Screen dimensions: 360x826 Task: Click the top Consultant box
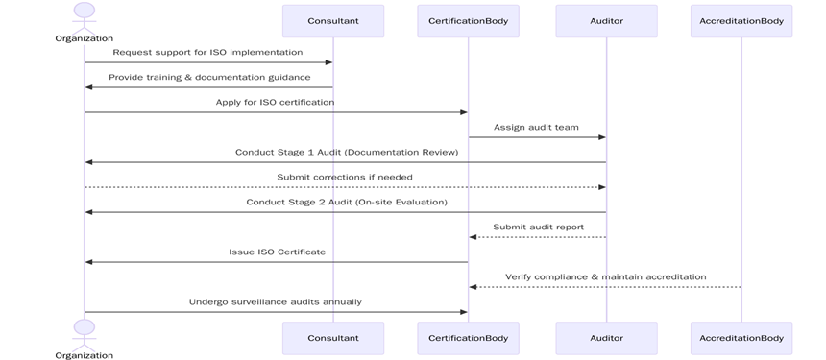click(x=333, y=21)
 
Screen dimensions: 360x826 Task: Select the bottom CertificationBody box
click(x=469, y=338)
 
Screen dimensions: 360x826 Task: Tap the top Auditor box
click(x=606, y=21)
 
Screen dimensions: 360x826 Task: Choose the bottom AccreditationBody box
click(x=741, y=338)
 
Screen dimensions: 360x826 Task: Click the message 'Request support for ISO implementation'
click(x=207, y=52)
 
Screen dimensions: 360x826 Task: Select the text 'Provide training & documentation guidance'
click(x=209, y=77)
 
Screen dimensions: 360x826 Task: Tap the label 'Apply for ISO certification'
click(x=276, y=102)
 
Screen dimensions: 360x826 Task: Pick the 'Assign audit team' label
click(x=537, y=127)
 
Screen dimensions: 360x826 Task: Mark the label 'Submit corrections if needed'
click(x=345, y=177)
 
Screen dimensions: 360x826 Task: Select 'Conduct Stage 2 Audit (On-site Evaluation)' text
click(x=347, y=202)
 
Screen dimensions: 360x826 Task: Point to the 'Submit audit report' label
click(x=539, y=227)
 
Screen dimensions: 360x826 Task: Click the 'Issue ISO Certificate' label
click(x=277, y=252)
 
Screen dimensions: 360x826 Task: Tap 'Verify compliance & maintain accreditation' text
click(x=606, y=276)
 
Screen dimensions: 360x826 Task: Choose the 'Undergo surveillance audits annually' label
click(x=276, y=301)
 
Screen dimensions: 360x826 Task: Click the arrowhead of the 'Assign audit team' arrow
click(x=602, y=137)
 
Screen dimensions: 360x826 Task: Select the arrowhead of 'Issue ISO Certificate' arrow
click(x=88, y=262)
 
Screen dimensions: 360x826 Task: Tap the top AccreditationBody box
click(x=741, y=21)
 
